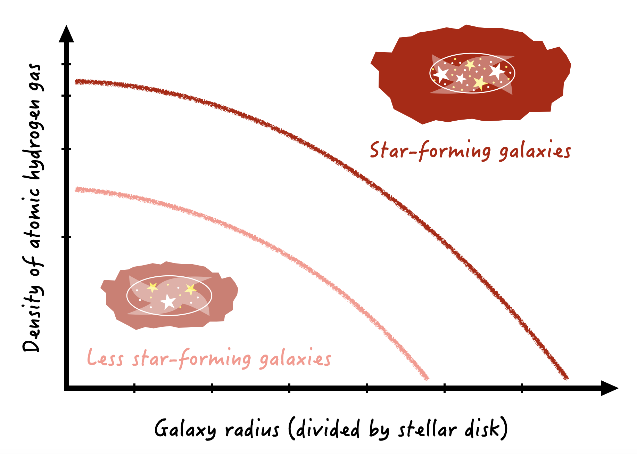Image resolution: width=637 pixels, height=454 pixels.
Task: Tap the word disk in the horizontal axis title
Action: tap(483, 429)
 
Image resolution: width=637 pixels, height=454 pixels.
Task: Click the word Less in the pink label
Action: tap(105, 358)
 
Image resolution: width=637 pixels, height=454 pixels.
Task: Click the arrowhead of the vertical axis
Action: tap(66, 34)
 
